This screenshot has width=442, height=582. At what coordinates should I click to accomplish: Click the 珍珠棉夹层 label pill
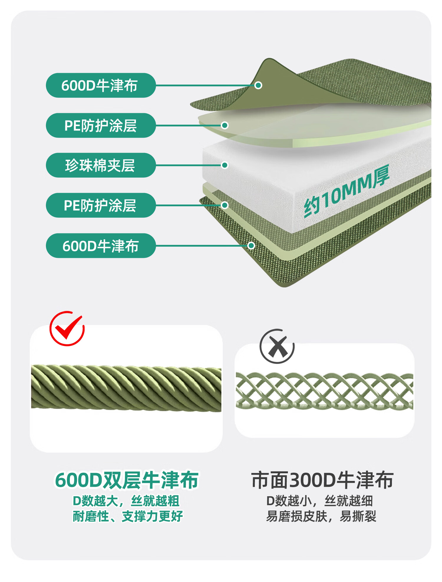click(x=100, y=165)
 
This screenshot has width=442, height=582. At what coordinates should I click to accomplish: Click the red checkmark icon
click(x=67, y=329)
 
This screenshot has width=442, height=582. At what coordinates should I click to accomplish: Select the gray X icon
click(x=277, y=347)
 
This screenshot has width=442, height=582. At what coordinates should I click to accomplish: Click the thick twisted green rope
click(x=126, y=388)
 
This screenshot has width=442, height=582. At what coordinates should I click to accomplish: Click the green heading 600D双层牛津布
click(x=127, y=480)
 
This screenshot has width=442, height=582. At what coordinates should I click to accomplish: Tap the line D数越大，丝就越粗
click(x=126, y=501)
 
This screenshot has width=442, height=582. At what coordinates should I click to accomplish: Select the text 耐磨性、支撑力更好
click(x=128, y=516)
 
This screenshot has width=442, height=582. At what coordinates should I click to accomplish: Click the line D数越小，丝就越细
click(x=320, y=501)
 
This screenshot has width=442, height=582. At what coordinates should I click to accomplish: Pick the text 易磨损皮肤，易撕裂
click(x=321, y=516)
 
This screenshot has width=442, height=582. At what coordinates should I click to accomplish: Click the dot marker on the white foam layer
click(x=225, y=165)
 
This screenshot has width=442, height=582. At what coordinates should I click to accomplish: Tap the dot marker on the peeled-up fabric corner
click(x=258, y=85)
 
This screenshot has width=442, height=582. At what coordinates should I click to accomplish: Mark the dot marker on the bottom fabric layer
click(x=251, y=246)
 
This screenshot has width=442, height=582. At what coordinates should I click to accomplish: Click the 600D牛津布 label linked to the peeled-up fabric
click(x=100, y=85)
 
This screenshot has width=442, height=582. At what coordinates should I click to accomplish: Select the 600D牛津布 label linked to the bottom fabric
click(x=100, y=246)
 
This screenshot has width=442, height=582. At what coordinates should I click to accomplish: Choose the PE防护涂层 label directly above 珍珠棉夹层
click(x=100, y=126)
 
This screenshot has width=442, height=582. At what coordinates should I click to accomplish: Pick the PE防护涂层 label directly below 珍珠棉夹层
click(x=100, y=205)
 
